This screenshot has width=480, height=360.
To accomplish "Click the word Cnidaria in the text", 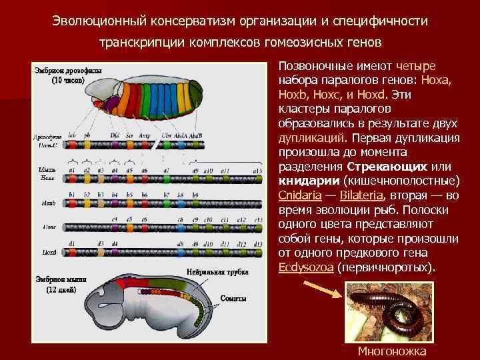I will click(299, 195).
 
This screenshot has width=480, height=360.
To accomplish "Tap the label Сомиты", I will click(233, 298).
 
